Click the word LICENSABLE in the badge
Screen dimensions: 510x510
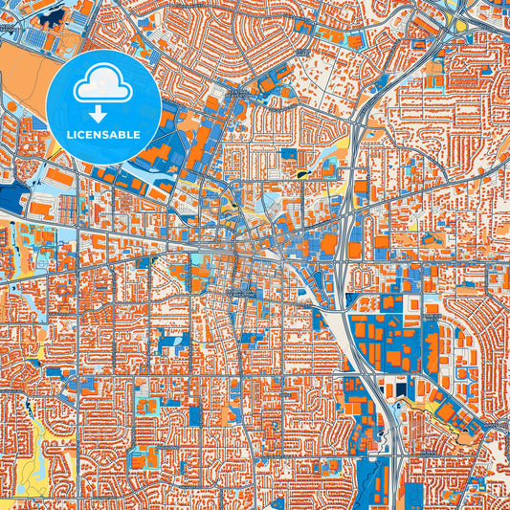pos(103,134)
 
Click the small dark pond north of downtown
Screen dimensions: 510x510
pos(304,173)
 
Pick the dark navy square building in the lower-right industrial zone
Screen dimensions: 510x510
pos(395,388)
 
